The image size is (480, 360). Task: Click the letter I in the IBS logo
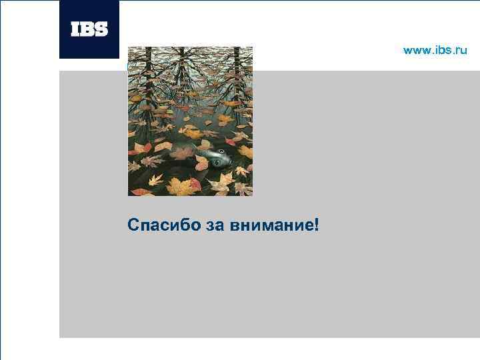(x=75, y=29)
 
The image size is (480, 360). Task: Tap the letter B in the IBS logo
(x=87, y=29)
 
